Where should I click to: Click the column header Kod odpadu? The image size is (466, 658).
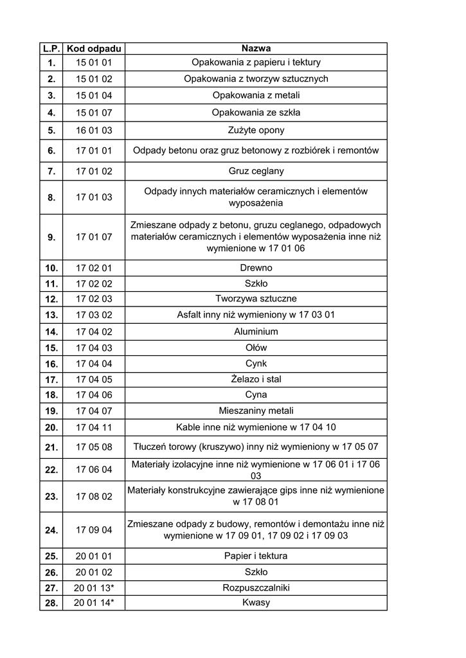click(x=94, y=49)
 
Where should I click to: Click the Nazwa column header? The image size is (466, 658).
click(x=256, y=49)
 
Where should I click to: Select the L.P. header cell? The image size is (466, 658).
click(x=51, y=49)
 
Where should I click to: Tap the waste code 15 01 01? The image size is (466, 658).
click(x=94, y=63)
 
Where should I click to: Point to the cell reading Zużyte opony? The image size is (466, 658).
click(x=256, y=130)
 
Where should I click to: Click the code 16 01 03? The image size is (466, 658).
click(x=94, y=130)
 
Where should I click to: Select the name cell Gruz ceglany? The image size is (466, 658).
click(x=256, y=172)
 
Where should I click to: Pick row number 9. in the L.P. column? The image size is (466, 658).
click(x=51, y=237)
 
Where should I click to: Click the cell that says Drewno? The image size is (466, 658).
click(x=256, y=268)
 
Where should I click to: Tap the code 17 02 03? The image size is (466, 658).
click(x=94, y=299)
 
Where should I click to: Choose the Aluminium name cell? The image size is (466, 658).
click(x=256, y=332)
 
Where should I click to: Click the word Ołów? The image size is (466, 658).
click(x=256, y=348)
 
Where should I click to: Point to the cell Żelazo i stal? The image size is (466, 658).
click(x=256, y=379)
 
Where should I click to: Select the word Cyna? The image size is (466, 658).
click(x=256, y=395)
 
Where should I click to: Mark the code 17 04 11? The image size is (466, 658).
click(x=94, y=427)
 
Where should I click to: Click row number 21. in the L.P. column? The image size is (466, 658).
click(x=51, y=447)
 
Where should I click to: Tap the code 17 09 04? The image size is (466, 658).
click(x=94, y=530)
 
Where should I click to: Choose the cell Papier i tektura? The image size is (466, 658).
click(x=256, y=556)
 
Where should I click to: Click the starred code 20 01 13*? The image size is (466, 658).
click(x=94, y=588)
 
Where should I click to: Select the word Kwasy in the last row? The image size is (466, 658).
click(x=256, y=603)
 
